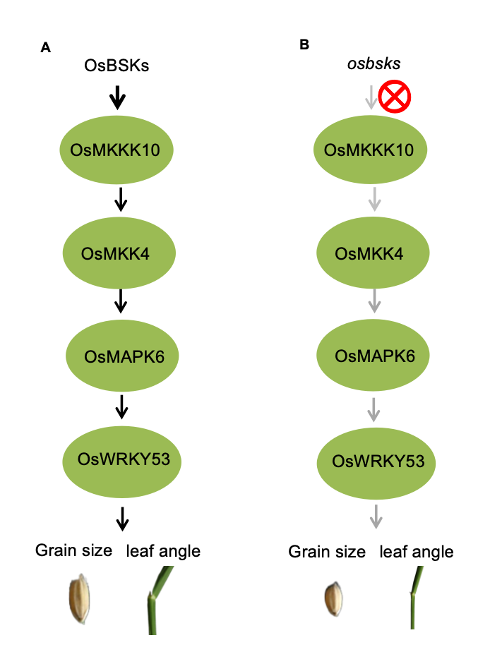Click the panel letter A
46,48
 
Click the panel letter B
304,44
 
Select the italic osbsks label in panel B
374,64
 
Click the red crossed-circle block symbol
395,97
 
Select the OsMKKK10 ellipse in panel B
374,150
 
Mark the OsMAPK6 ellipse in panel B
374,356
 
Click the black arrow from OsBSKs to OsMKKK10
118,98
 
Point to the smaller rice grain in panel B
333,600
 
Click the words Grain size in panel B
327,552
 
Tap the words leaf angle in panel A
163,550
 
